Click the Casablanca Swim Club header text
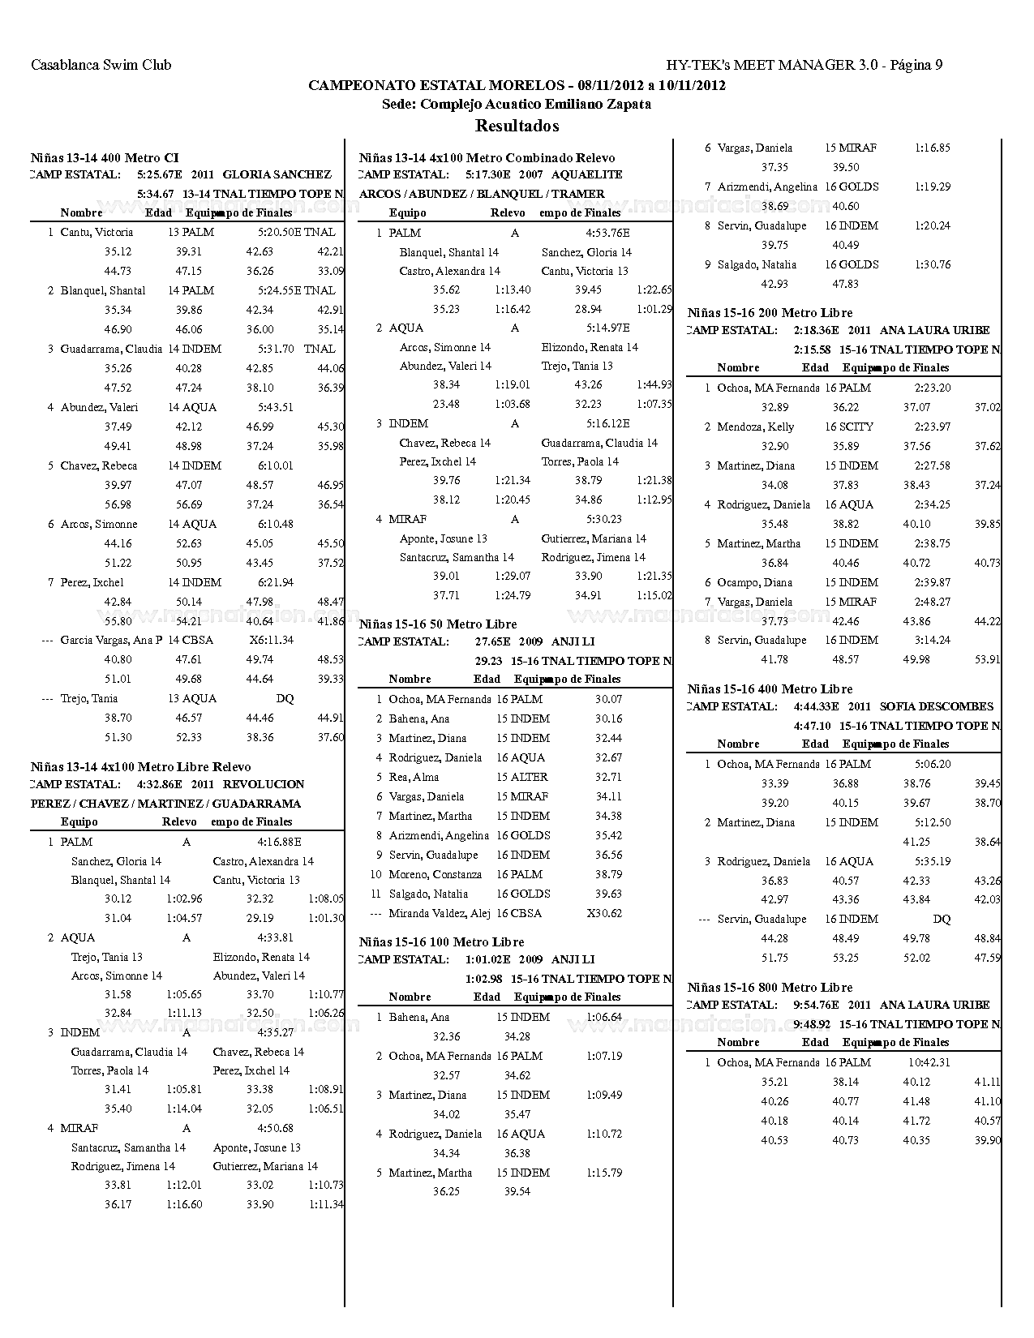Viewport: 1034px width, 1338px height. pos(101,65)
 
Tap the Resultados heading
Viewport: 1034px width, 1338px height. pos(517,126)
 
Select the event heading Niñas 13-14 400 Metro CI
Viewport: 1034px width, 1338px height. pos(105,158)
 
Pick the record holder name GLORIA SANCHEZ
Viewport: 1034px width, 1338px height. pos(277,174)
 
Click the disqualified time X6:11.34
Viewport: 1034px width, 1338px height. pos(272,640)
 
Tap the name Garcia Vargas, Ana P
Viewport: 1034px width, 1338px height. pos(111,640)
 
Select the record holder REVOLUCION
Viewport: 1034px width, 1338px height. pos(264,784)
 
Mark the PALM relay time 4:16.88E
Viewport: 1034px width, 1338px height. pos(279,842)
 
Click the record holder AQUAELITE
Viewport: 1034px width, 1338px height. pos(586,174)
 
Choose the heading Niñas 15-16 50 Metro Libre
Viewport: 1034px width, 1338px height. pos(438,624)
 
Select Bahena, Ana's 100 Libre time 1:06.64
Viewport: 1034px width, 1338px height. pos(603,1017)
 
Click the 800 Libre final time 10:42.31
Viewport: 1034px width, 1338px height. pos(929,1062)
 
